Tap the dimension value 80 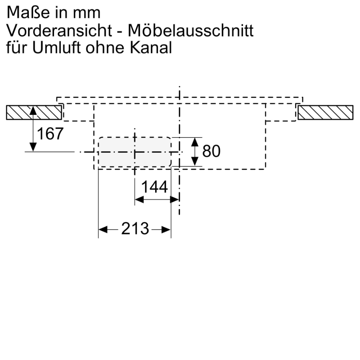click(212, 151)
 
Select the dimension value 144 click(154, 187)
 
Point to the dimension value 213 click(135, 230)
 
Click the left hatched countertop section click(34, 112)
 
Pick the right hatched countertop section click(325, 112)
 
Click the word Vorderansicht click(58, 30)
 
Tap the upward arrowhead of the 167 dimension click(33, 110)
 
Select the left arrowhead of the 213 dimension click(102, 230)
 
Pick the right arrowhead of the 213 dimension click(167, 230)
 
